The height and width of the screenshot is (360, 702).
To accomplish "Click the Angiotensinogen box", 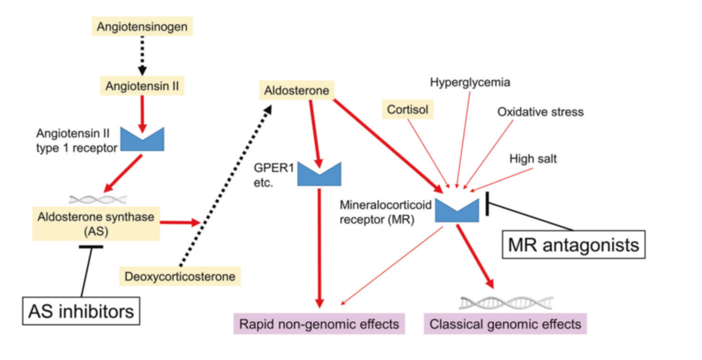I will pos(140,27).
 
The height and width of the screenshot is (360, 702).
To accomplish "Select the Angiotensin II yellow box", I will pos(140,86).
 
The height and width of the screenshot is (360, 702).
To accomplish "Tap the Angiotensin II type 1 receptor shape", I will pos(142,139).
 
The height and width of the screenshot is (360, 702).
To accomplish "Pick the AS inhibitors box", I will pos(81,310).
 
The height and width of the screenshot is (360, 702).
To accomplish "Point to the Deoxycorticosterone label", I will pos(180,277).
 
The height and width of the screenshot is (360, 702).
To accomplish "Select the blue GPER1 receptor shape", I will pos(319,174).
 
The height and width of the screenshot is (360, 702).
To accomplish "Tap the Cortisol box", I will pos(406,109).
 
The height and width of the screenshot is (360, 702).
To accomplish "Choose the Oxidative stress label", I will pos(540,112).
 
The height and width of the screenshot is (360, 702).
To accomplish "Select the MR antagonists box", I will pos(573,243).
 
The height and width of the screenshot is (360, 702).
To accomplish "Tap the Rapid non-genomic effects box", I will pos(319,324).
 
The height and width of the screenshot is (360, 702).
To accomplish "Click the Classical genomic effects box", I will pos(505,324).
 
